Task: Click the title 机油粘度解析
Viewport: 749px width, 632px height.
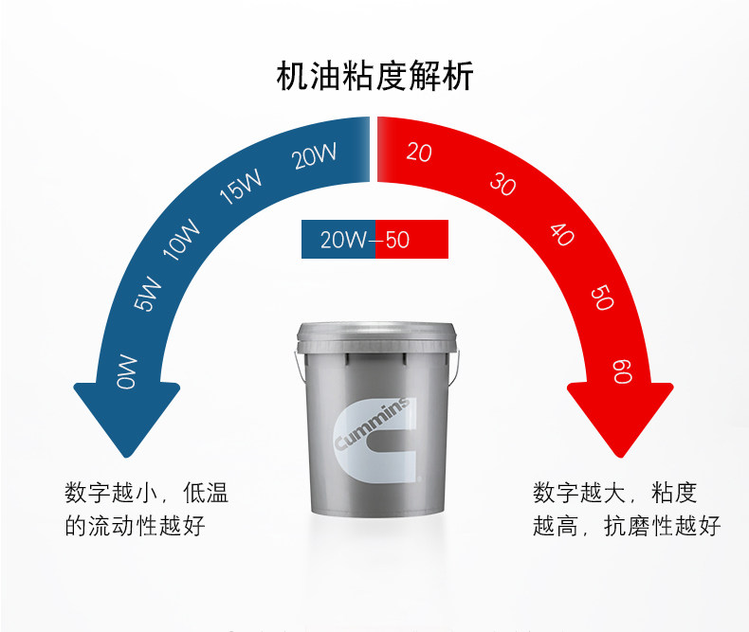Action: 374,75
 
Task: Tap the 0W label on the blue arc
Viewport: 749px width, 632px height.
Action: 127,371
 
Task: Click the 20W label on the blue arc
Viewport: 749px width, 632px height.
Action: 316,155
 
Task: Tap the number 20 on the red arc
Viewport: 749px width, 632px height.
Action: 418,151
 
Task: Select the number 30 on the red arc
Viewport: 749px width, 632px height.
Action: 502,184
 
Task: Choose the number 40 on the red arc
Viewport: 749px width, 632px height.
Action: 562,234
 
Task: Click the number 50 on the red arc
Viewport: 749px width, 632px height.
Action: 601,298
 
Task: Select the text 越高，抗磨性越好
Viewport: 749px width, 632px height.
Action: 627,526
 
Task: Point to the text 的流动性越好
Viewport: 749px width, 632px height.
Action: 135,526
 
